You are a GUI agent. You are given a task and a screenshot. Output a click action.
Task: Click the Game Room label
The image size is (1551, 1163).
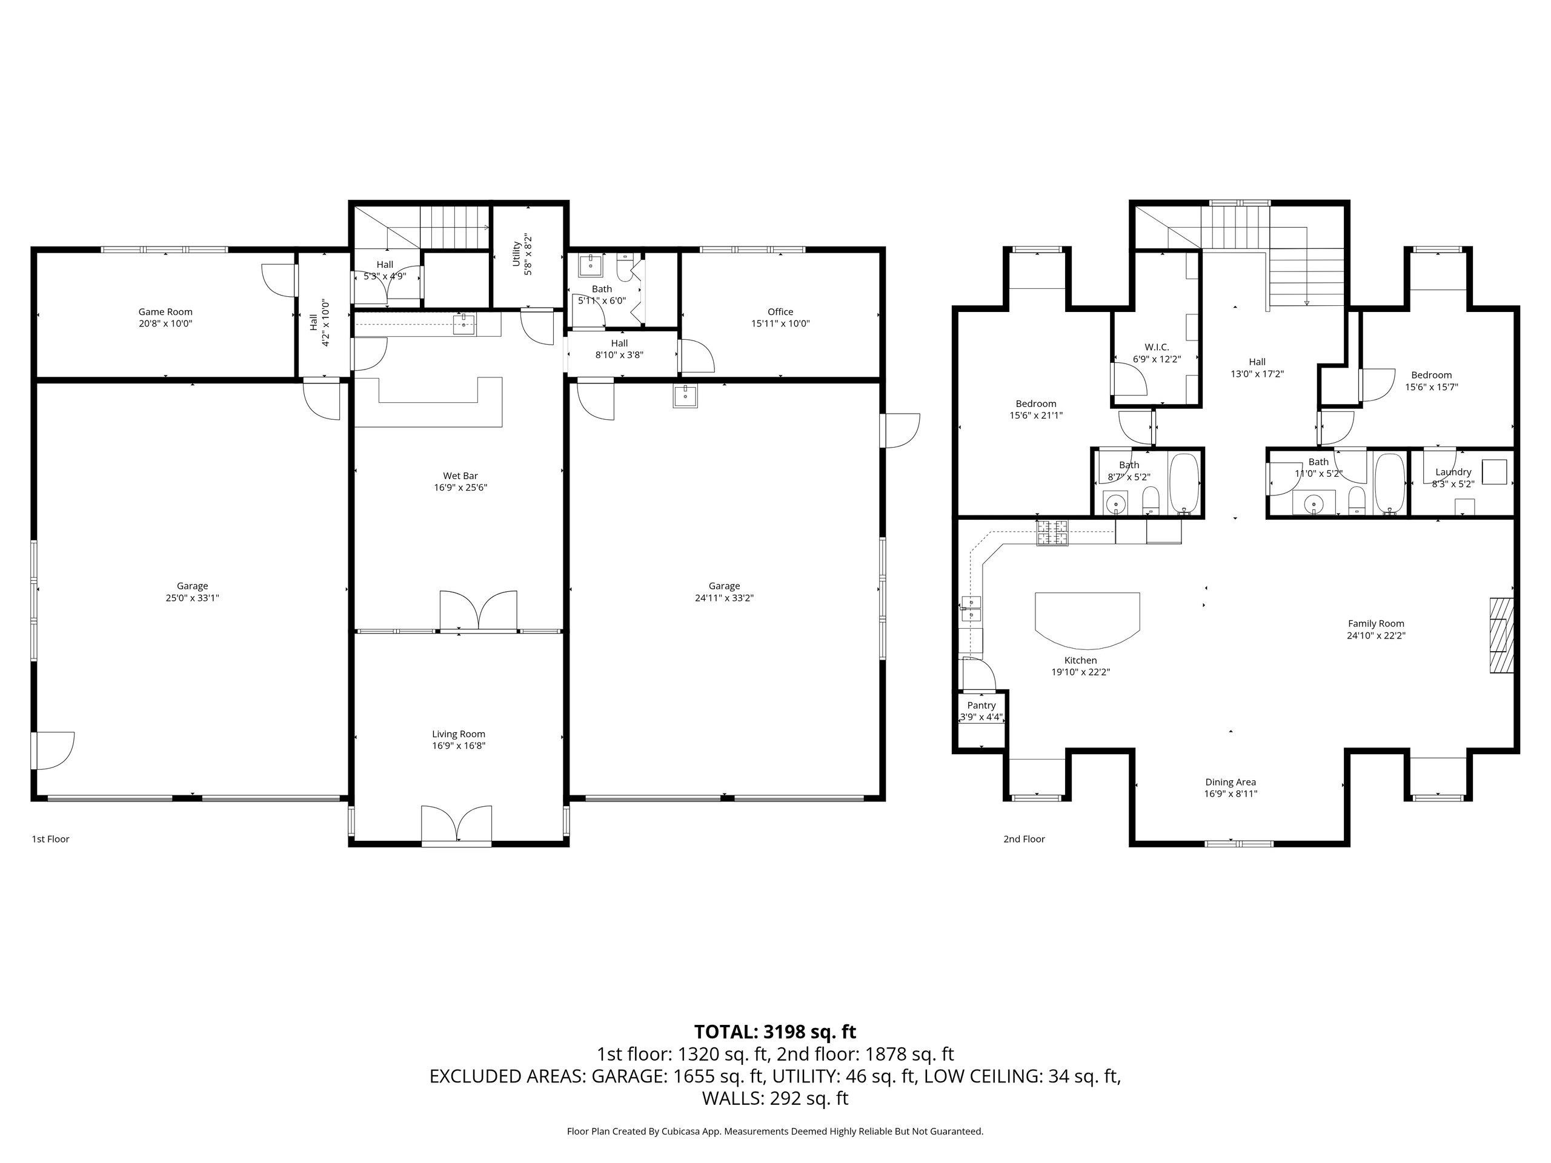[x=165, y=312]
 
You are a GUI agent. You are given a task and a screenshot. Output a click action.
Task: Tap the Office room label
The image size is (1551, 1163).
[x=780, y=312]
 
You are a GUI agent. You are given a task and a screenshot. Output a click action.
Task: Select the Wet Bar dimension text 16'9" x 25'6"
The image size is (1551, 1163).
[x=460, y=487]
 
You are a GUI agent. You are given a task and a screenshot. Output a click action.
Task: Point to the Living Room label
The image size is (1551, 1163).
[x=459, y=734]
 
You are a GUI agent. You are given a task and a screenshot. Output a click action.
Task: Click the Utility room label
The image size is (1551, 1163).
[x=517, y=254]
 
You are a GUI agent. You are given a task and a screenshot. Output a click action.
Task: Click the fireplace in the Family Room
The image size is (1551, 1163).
[x=1501, y=635]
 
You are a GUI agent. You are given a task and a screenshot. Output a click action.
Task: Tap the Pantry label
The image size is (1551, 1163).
[x=981, y=705]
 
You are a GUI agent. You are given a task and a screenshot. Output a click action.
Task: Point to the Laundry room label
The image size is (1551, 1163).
[x=1453, y=472]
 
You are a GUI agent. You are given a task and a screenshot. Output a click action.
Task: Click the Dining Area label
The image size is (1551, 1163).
[x=1231, y=781]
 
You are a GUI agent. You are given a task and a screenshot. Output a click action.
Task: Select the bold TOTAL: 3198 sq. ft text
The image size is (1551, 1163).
[x=775, y=1032]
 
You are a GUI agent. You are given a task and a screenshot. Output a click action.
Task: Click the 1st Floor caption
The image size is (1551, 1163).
[x=50, y=839]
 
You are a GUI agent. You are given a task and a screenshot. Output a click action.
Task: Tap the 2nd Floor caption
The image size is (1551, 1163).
[x=1024, y=839]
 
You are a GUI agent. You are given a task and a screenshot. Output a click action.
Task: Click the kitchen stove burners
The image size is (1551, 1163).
[x=1052, y=533]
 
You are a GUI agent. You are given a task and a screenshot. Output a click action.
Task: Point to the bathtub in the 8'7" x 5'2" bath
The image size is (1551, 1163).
[x=1184, y=483]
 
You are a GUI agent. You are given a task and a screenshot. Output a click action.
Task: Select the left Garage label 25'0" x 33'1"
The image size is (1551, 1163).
[x=192, y=592]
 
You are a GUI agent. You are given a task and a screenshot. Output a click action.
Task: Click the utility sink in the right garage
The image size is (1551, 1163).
[x=685, y=396]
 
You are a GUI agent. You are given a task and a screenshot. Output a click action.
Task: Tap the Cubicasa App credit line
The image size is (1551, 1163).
[x=775, y=1131]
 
